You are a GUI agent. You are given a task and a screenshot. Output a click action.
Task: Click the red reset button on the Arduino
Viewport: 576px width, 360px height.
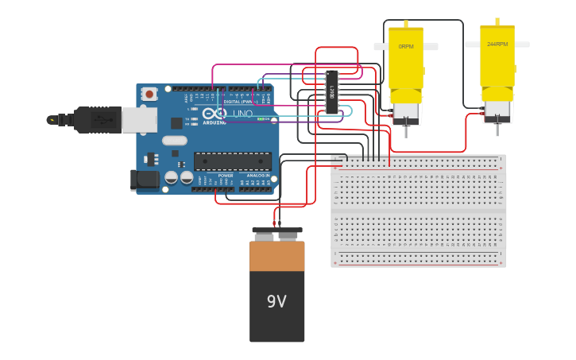tap(149, 94)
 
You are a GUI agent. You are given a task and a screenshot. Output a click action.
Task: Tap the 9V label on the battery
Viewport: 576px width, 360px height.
tap(276, 302)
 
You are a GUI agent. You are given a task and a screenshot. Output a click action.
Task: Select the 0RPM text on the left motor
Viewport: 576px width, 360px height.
tap(405, 47)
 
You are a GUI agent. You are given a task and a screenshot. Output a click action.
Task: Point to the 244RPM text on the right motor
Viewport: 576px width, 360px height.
tap(497, 45)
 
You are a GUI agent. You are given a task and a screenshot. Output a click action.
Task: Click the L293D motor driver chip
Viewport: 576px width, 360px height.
tap(331, 92)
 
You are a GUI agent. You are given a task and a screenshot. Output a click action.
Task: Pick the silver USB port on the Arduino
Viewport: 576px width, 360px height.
tap(140, 119)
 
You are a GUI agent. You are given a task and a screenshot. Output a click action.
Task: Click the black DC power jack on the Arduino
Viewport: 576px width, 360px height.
tap(145, 180)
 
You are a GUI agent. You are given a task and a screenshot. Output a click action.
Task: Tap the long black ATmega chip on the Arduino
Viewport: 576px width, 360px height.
tap(232, 161)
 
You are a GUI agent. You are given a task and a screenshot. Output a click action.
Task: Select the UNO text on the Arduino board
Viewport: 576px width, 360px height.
tap(242, 114)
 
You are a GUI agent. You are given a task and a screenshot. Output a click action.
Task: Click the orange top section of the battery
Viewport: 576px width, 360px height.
tap(276, 256)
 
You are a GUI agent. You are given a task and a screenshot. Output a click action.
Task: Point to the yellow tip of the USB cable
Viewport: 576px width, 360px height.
tap(52, 120)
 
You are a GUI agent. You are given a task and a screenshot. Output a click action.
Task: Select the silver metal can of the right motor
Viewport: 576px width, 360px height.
tap(497, 110)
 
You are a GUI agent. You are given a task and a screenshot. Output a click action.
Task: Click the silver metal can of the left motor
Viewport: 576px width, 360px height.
tap(406, 113)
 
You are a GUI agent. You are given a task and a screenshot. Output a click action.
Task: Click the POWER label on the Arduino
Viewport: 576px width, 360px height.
tap(226, 175)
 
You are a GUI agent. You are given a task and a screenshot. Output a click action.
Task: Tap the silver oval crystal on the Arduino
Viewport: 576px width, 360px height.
tap(176, 141)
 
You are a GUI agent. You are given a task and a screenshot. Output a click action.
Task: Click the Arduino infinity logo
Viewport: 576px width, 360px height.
tap(219, 114)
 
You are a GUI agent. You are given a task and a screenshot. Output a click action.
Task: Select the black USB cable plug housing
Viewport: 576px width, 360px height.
tap(98, 120)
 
